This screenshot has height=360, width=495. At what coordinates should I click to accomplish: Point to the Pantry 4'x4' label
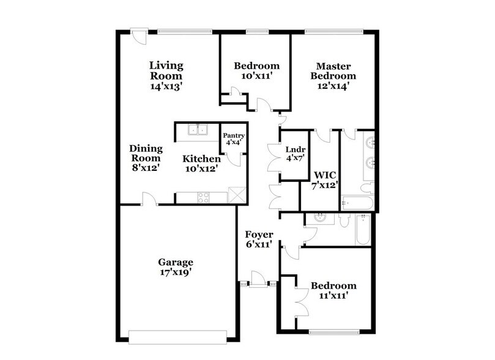coord(233,139)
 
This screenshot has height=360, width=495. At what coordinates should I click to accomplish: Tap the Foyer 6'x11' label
coord(259,239)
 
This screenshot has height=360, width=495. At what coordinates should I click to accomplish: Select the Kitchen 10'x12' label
coord(201,163)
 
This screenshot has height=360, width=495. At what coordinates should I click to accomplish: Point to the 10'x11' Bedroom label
coord(257,71)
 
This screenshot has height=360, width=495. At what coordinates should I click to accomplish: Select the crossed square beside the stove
coord(236,194)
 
